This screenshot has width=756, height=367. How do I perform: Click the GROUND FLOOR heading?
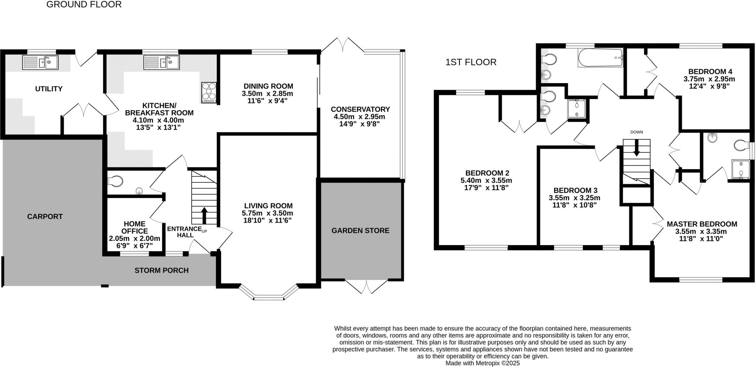(84, 5)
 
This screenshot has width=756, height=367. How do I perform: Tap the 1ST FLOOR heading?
(471, 62)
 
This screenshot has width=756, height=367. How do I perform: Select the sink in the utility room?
(40, 62)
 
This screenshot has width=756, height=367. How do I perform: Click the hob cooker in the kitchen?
(209, 92)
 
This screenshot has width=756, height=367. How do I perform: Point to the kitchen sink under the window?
(161, 62)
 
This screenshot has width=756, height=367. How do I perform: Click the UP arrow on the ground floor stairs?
(204, 215)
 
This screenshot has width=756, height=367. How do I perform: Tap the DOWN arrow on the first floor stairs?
(636, 148)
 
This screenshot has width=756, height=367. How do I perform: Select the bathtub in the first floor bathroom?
(600, 58)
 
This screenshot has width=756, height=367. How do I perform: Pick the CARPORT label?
(45, 217)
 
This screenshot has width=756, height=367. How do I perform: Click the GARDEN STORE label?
(360, 231)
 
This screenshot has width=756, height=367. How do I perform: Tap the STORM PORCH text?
(161, 271)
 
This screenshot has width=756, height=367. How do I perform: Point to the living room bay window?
(268, 294)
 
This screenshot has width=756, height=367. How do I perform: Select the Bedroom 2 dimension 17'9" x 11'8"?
(486, 188)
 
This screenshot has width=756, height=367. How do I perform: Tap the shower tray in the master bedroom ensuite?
(740, 169)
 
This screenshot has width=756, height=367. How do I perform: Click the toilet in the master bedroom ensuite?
(741, 145)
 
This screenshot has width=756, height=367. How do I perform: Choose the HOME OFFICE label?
(134, 227)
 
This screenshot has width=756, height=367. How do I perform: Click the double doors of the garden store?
(367, 286)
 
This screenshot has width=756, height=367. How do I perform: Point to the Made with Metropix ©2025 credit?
(482, 363)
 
